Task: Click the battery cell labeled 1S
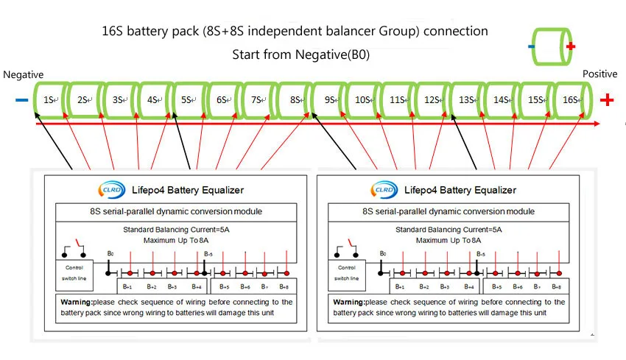49,99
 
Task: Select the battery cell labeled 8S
295,99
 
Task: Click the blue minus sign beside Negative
21,100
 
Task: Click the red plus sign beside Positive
607,100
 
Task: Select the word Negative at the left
24,75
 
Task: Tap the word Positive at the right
599,74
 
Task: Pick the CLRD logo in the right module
384,190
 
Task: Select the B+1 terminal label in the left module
130,286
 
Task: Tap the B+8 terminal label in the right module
558,286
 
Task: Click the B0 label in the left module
110,253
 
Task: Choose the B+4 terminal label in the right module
468,286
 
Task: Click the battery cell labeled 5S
187,99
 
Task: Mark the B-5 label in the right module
480,253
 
